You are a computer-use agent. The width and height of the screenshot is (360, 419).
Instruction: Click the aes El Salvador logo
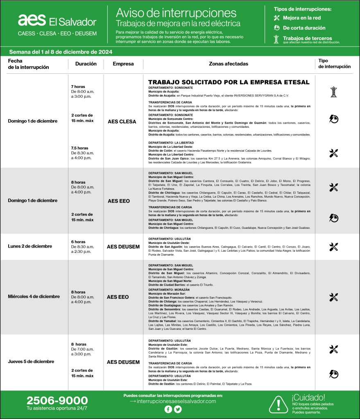pos(57,21)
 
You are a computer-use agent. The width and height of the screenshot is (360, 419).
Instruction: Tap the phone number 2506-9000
pos(57,401)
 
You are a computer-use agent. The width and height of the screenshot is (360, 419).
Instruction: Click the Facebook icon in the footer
pos(168,409)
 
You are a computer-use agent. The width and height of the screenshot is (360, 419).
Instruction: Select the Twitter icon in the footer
pos(178,409)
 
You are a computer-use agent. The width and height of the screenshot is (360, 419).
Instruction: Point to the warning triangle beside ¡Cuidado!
pos(279,405)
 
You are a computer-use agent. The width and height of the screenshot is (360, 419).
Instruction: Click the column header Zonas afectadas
pos(228,64)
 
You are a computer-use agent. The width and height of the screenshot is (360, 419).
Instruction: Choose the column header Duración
pos(86,64)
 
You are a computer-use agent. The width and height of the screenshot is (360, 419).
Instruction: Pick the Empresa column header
pos(123,64)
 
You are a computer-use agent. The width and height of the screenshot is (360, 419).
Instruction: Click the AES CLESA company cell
pos(122,121)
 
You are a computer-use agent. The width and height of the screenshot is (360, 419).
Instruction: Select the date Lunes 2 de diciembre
pos(30,246)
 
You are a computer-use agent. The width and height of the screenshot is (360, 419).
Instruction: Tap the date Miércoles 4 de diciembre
pos(34,296)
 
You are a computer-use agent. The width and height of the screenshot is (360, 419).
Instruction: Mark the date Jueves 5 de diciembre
pos(31,362)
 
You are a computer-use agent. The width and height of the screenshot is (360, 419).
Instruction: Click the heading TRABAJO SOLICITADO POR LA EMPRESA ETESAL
pos(229,82)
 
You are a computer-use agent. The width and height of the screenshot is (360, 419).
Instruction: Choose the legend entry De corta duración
pos(304,28)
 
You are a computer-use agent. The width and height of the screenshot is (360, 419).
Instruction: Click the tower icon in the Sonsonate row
pos(333,92)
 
